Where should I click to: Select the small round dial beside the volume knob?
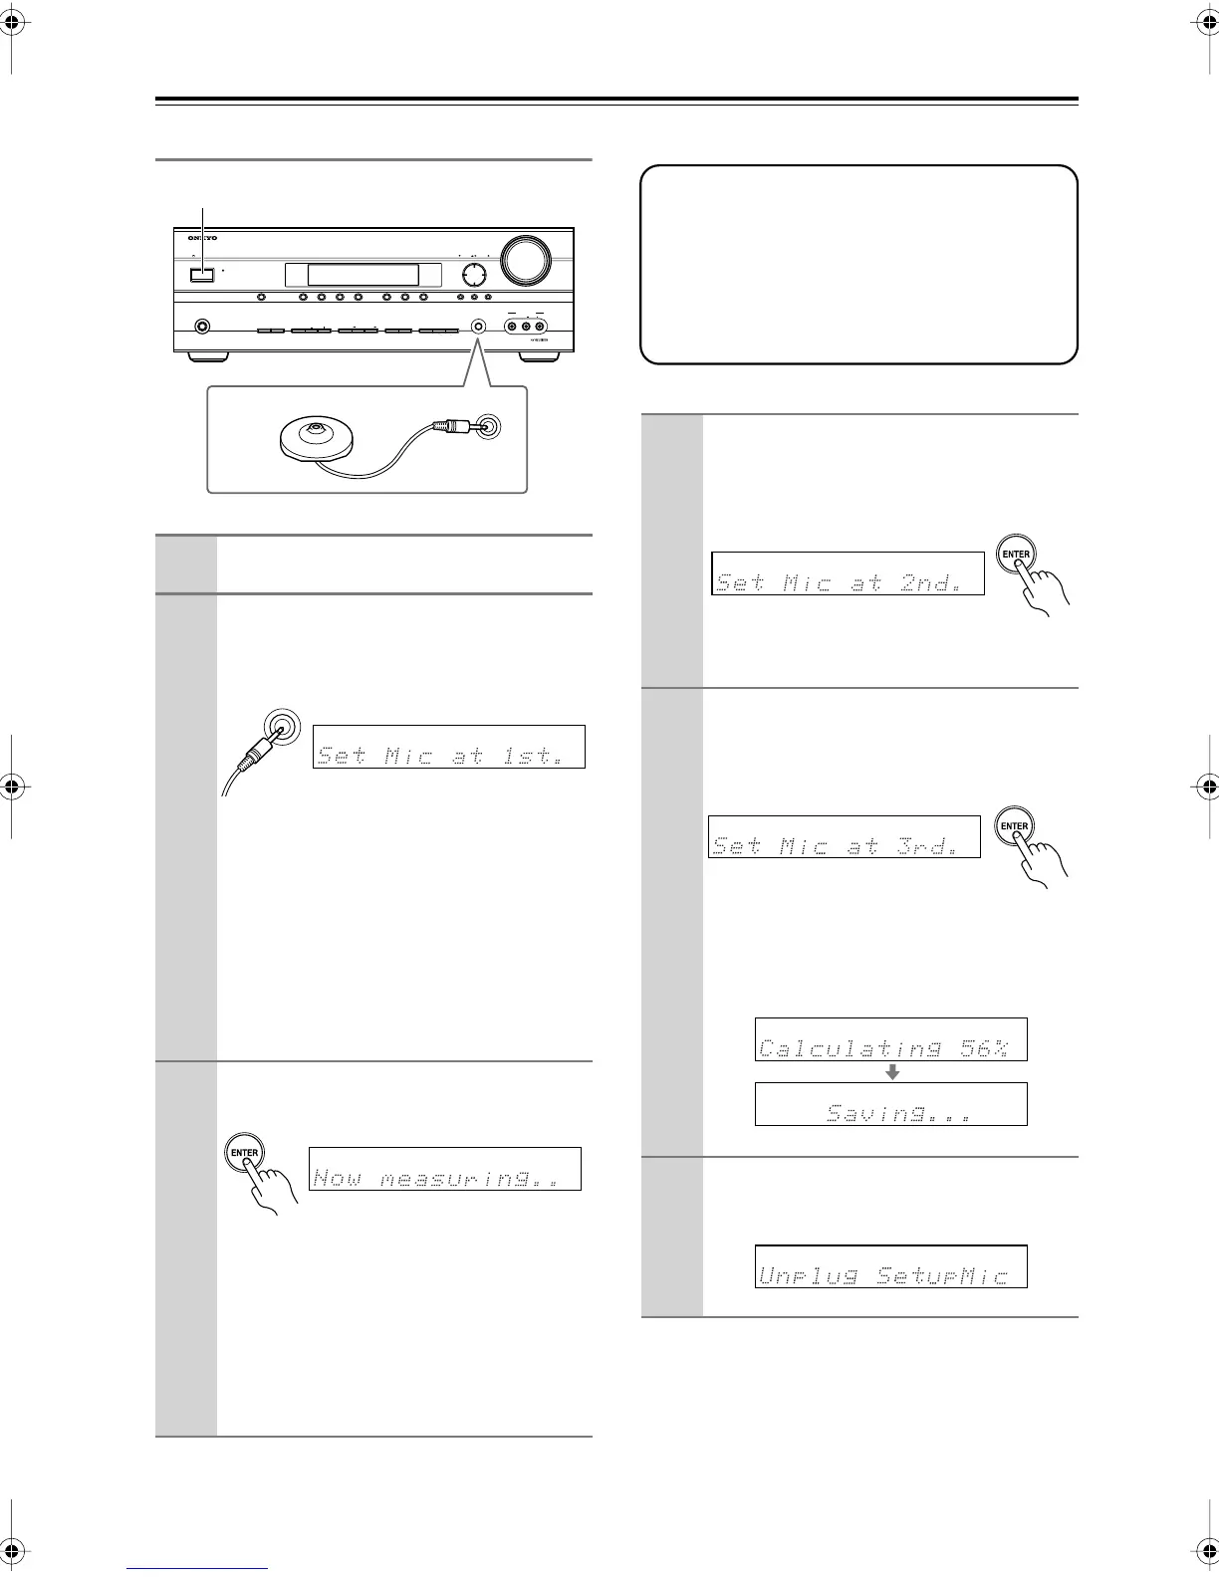[x=474, y=274]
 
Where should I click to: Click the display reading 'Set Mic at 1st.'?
[x=448, y=747]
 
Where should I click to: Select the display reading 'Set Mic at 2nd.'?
[x=848, y=573]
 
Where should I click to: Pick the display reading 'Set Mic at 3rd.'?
[x=844, y=835]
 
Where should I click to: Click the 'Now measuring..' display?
[x=444, y=1168]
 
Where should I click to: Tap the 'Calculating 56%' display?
[x=890, y=1038]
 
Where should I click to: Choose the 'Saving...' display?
[x=890, y=1103]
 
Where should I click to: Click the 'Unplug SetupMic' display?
[x=890, y=1266]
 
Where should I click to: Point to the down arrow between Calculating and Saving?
[x=893, y=1072]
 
